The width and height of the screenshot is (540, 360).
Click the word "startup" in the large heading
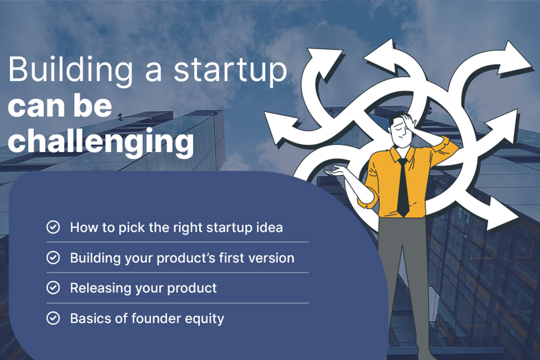pos(230,72)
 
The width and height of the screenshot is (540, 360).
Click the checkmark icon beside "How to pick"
pos(53,227)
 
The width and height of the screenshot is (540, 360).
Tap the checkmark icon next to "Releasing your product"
pos(53,288)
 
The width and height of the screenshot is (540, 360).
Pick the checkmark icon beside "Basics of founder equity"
pos(53,318)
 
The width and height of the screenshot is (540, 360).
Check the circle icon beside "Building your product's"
pos(53,257)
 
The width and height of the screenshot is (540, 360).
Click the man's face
pos(400,133)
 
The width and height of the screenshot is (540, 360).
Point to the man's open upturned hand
pos(334,171)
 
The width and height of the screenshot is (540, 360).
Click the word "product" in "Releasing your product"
pos(192,288)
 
